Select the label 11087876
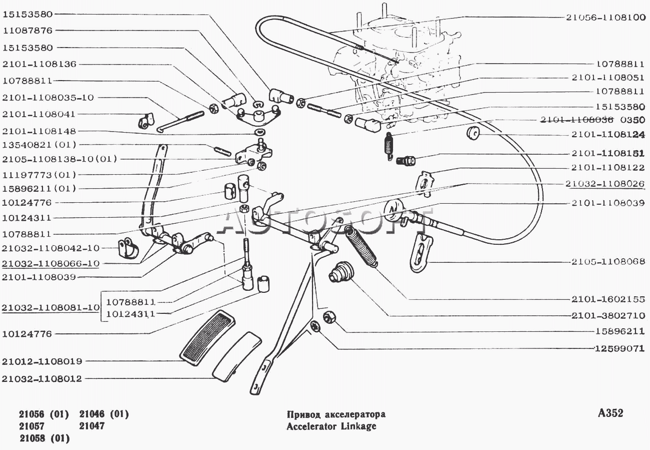(27, 31)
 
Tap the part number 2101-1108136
(39, 64)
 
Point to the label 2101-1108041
(38, 114)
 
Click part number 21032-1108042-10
(50, 248)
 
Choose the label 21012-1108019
(42, 361)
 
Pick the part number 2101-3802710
(608, 315)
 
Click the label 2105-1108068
(608, 261)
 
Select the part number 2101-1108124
(608, 134)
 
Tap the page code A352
(610, 413)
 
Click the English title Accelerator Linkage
(331, 426)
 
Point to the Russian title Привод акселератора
(336, 414)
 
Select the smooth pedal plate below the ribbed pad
(237, 356)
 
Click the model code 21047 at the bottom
(91, 426)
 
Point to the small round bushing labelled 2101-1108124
(472, 133)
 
